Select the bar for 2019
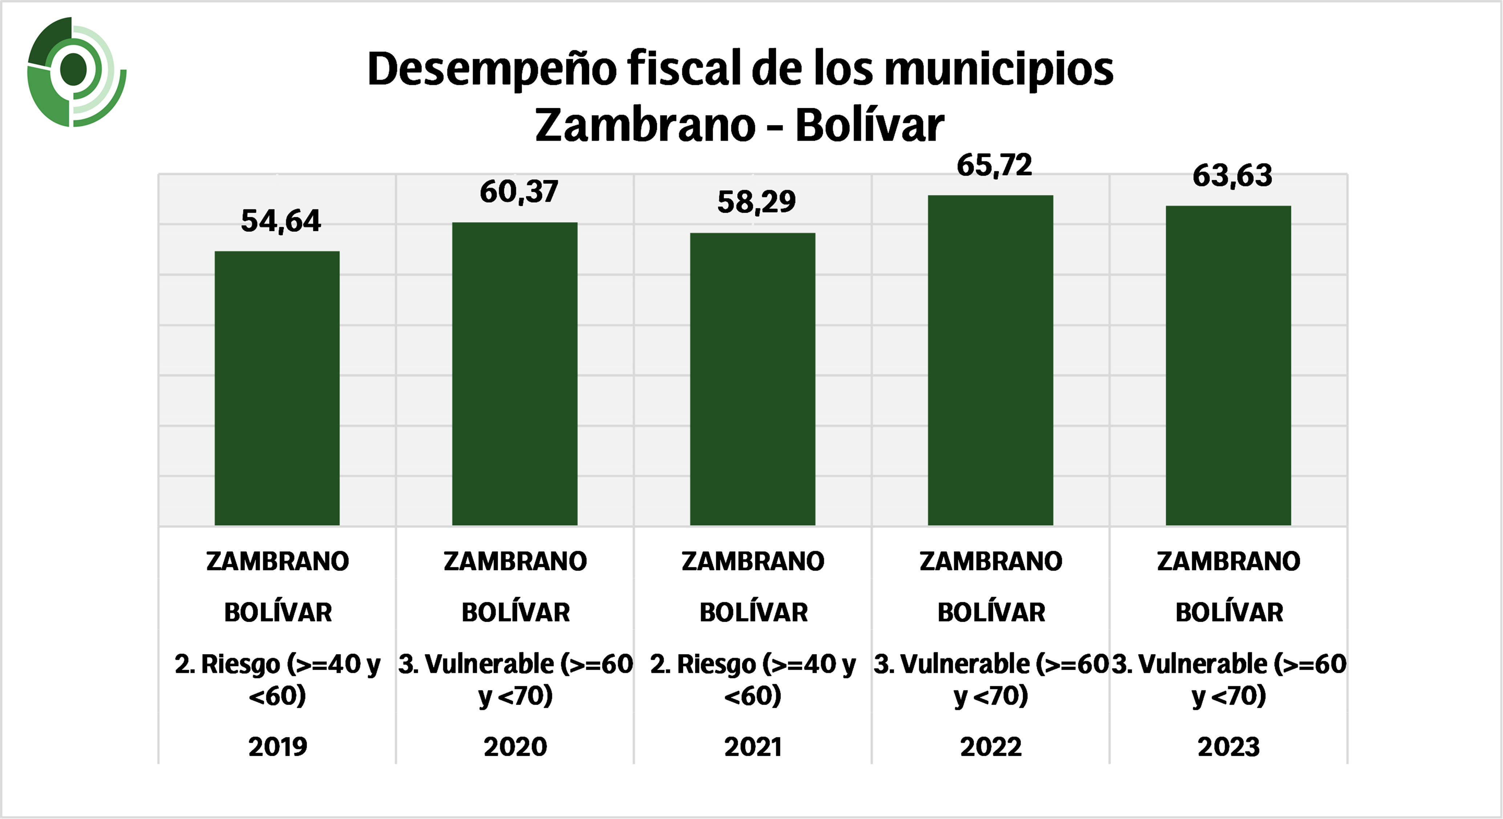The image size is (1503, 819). point(277,388)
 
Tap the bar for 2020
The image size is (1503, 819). point(514,373)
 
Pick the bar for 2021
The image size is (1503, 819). point(753,379)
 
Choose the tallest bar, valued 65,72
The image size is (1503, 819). point(990,360)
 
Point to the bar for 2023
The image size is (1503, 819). point(1228,366)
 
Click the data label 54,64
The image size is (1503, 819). point(280,221)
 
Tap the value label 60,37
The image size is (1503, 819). point(519,192)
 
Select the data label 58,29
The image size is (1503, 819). point(756,202)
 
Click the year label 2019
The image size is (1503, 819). point(278,747)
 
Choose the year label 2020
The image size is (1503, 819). point(515,747)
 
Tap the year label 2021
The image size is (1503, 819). point(753,747)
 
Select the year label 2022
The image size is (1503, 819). point(991,747)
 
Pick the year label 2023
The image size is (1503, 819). point(1228,747)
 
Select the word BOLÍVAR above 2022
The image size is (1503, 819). point(991,612)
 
